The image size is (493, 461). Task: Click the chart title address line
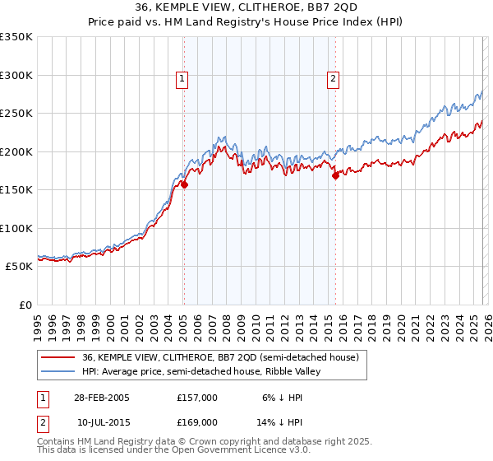coord(246,7)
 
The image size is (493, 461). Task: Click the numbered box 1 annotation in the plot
coord(182,79)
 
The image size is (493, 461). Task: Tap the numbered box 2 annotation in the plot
coord(333,79)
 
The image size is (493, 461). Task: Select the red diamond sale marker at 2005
coord(184,185)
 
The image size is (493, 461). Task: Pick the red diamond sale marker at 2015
coord(335,175)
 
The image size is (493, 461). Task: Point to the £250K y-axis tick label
coord(16,114)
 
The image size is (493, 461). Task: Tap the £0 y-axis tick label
coord(25,305)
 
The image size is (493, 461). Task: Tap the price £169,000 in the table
coord(197,421)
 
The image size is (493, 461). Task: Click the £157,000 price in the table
coord(197,397)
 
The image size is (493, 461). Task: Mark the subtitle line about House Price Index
coord(246,22)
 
